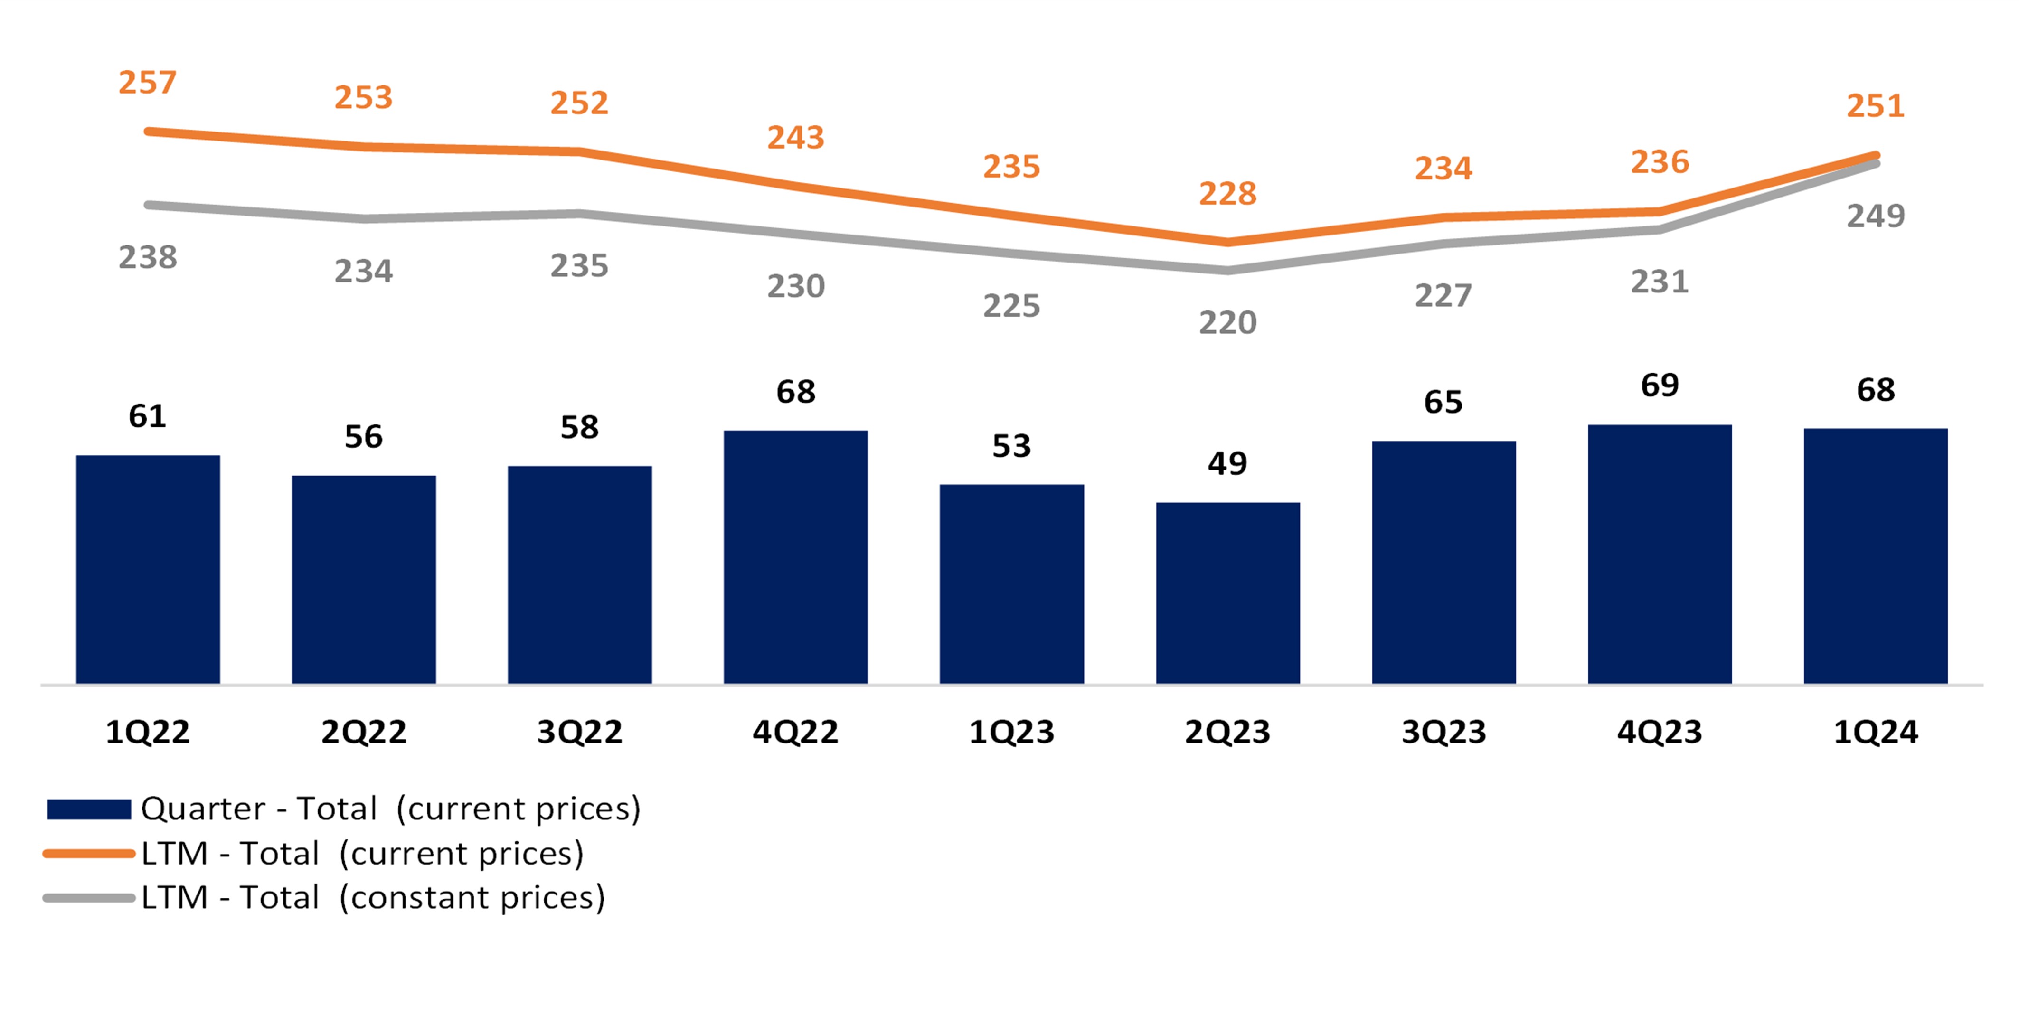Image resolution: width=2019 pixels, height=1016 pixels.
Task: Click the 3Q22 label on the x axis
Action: click(579, 732)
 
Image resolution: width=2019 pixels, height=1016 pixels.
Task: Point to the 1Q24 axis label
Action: click(1876, 732)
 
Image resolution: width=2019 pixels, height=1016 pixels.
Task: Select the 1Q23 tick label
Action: click(1011, 732)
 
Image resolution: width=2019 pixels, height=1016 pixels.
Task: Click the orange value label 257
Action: click(147, 82)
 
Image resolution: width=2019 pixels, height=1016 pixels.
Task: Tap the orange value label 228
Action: click(1227, 194)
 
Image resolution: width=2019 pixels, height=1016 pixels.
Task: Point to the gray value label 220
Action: click(1227, 322)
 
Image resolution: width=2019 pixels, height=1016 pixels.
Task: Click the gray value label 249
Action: click(1876, 216)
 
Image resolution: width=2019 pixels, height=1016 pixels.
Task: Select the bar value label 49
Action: click(1227, 463)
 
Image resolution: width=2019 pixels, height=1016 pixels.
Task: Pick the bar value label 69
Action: click(1659, 385)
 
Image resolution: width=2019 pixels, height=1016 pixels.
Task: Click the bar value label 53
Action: click(1011, 446)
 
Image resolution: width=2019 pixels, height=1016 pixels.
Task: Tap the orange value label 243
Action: click(795, 138)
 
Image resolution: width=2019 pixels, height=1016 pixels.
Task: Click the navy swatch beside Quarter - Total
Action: click(89, 809)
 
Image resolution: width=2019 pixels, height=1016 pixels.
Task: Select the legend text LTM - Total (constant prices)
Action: click(373, 898)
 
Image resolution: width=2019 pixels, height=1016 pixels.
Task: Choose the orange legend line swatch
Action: click(89, 854)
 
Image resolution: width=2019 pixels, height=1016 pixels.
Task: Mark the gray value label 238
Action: click(147, 257)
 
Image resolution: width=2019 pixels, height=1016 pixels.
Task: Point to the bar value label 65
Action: click(1443, 402)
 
